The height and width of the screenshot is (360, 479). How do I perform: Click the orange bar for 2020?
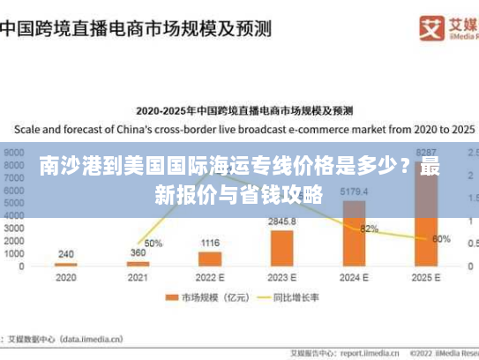pyautogui.click(x=66, y=264)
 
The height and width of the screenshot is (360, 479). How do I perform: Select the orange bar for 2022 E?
pyautogui.click(x=210, y=259)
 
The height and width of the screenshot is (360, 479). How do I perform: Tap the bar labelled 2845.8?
pyautogui.click(x=281, y=248)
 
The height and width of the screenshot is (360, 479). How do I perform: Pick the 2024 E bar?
pyautogui.click(x=354, y=234)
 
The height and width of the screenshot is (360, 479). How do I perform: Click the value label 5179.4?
pyautogui.click(x=353, y=191)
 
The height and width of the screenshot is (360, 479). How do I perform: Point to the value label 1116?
pyautogui.click(x=210, y=243)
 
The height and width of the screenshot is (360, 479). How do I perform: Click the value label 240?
pyautogui.click(x=66, y=254)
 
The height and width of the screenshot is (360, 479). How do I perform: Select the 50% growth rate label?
pyautogui.click(x=153, y=243)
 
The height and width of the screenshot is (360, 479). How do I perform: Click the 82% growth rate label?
pyautogui.click(x=370, y=229)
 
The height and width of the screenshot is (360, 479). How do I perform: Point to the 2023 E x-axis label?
pyautogui.click(x=281, y=277)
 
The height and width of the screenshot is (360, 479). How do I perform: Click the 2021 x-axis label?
pyautogui.click(x=138, y=277)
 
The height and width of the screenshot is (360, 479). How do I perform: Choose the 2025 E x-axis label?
pyautogui.click(x=425, y=277)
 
